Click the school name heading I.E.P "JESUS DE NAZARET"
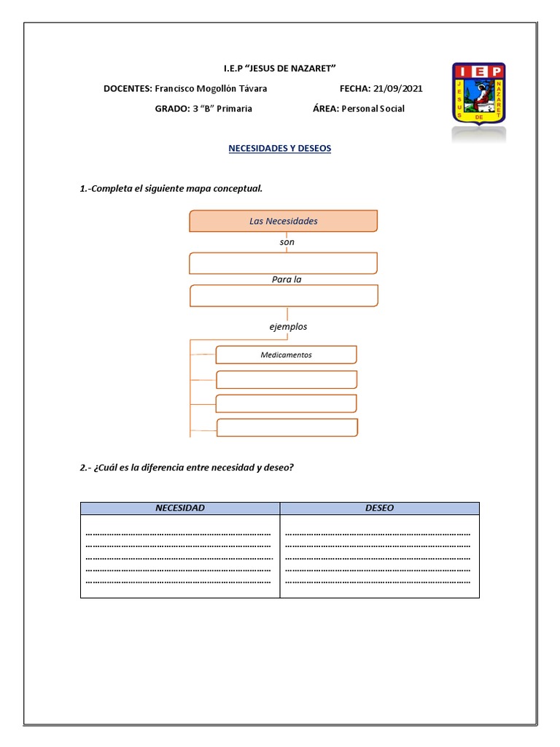click(x=279, y=68)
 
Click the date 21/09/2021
click(x=397, y=88)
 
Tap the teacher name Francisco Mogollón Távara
click(x=211, y=88)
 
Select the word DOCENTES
click(x=128, y=88)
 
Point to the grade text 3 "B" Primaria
click(x=222, y=109)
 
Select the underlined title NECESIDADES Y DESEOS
click(x=279, y=148)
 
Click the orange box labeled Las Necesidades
click(x=283, y=221)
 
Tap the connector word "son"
click(x=287, y=241)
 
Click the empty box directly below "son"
click(x=283, y=263)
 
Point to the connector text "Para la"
click(x=286, y=279)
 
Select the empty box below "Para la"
click(x=283, y=295)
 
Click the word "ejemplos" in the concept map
click(x=288, y=327)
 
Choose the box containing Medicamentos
click(x=286, y=355)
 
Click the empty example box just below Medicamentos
click(x=287, y=379)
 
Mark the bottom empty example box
click(x=287, y=427)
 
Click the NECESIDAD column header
click(x=180, y=508)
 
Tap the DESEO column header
click(x=379, y=508)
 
